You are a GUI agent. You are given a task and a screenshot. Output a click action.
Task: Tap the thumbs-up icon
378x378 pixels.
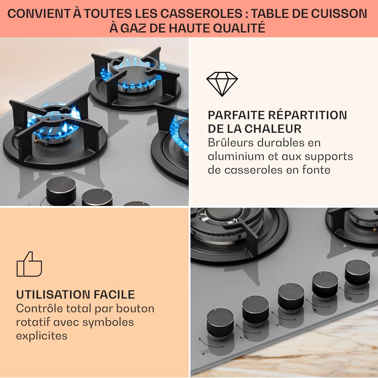tap(29, 264)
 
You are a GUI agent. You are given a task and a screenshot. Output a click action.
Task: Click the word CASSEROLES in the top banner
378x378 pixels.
tap(202, 14)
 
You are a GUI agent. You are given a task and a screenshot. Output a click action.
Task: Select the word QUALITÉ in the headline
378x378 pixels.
tap(239, 28)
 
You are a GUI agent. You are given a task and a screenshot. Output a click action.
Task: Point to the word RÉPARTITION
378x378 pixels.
tap(307, 115)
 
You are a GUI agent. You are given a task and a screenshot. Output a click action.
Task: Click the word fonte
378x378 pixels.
tap(316, 170)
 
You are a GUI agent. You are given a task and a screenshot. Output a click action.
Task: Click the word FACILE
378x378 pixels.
tap(114, 295)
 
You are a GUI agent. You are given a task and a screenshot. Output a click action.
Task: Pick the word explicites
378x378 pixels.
tap(42, 336)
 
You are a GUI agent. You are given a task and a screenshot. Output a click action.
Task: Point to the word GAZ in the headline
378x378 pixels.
tap(133, 28)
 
